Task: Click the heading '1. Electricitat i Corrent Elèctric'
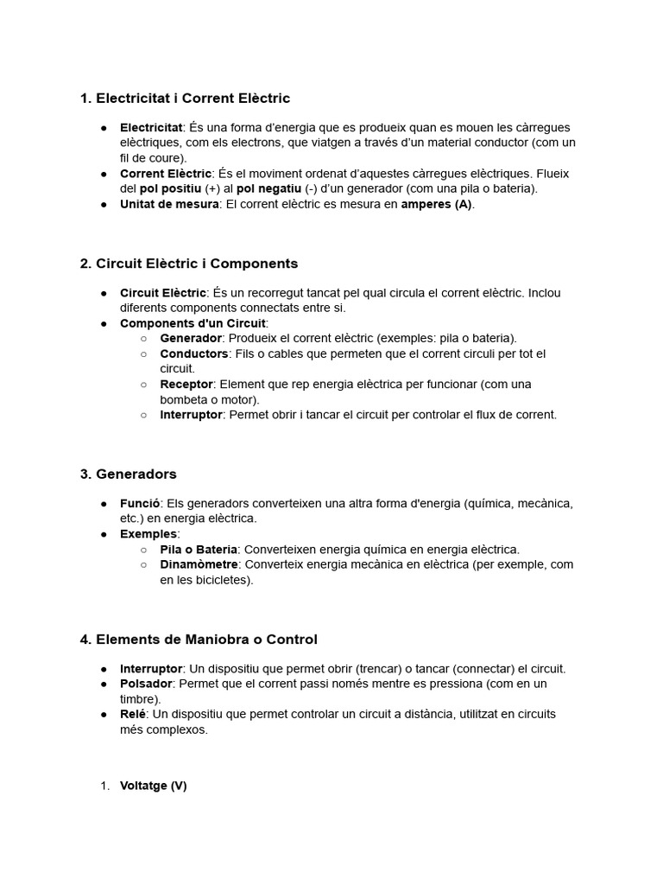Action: click(x=185, y=99)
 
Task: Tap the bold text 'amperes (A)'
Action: click(x=437, y=204)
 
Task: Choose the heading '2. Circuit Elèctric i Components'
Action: click(x=188, y=264)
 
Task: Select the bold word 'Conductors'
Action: click(x=194, y=353)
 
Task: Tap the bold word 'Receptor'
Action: click(x=186, y=384)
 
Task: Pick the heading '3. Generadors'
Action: click(x=128, y=474)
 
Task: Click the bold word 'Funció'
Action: click(x=139, y=503)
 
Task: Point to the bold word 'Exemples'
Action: click(x=148, y=534)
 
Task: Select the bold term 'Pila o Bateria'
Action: click(x=199, y=550)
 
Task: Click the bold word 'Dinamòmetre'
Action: click(x=199, y=564)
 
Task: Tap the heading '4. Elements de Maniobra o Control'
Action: click(x=199, y=640)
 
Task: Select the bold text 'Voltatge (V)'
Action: click(x=153, y=786)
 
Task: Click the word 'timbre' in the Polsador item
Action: click(x=138, y=698)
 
